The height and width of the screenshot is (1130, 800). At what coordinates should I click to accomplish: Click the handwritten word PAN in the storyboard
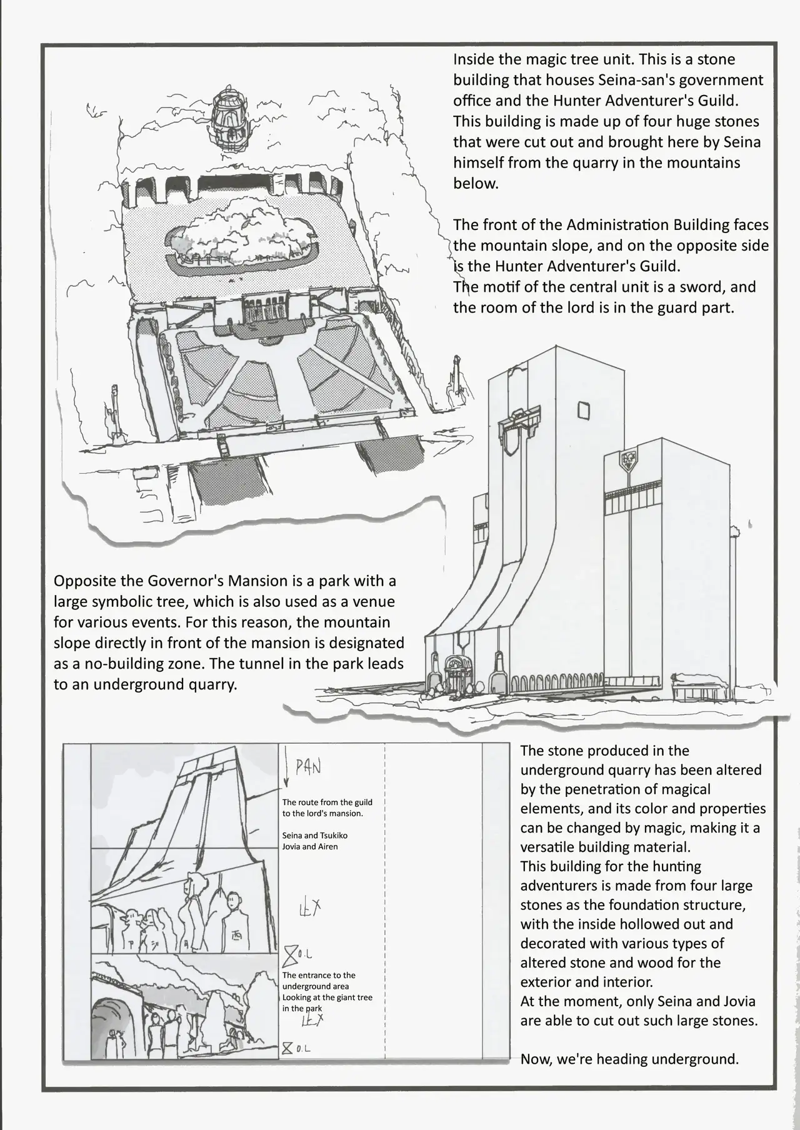(x=308, y=767)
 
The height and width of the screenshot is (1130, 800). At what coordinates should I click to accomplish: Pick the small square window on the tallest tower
(x=584, y=411)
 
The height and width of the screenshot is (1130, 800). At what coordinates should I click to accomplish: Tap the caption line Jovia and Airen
(x=310, y=847)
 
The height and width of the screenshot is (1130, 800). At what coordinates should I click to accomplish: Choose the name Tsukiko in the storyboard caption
(x=334, y=836)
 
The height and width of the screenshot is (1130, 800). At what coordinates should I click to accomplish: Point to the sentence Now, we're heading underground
(x=629, y=1059)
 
